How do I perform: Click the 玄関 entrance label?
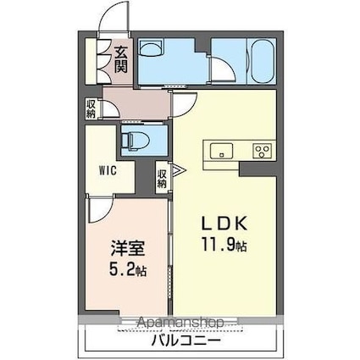(x=121, y=58)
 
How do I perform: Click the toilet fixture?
(x=134, y=138)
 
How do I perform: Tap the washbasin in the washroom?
(x=154, y=50)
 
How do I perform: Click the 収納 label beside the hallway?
(x=91, y=110)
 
